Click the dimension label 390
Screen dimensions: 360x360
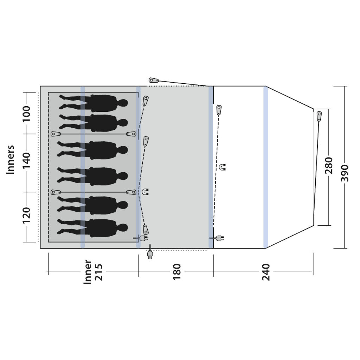[345, 173]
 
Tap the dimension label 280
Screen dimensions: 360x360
[329, 166]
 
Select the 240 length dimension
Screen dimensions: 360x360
[266, 272]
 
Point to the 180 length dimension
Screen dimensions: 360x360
[177, 272]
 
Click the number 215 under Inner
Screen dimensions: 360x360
[99, 272]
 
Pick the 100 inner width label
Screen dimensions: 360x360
[26, 114]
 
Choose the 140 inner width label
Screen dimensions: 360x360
[26, 160]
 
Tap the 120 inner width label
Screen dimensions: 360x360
[26, 215]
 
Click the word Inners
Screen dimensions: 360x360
[10, 160]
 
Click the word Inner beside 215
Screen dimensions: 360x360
[88, 272]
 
